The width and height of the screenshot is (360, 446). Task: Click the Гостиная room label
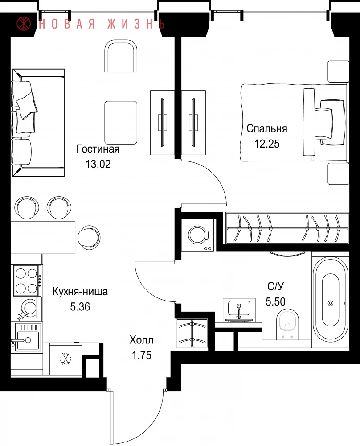pos(98,149)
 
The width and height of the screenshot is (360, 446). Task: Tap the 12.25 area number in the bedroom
pos(267,144)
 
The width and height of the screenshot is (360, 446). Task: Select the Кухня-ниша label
pos(80,292)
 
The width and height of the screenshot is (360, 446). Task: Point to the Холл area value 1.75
pos(142,355)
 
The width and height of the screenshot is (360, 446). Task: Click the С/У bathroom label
pos(276,286)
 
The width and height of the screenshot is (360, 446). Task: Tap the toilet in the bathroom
pos(287,324)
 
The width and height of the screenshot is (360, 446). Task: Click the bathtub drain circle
pos(331,303)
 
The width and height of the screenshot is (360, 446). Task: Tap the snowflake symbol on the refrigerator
pos(65,359)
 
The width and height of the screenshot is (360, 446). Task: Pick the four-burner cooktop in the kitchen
pos(27,281)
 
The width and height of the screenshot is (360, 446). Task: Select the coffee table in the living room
pos(121,123)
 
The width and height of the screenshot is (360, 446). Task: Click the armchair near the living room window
pos(121,56)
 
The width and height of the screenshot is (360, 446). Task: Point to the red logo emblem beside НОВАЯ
pos(24,24)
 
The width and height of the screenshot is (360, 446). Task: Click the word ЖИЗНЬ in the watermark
pos(136,24)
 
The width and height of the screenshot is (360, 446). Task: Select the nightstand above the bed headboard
pos(339,71)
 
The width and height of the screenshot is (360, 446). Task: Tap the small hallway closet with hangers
pos(192,333)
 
